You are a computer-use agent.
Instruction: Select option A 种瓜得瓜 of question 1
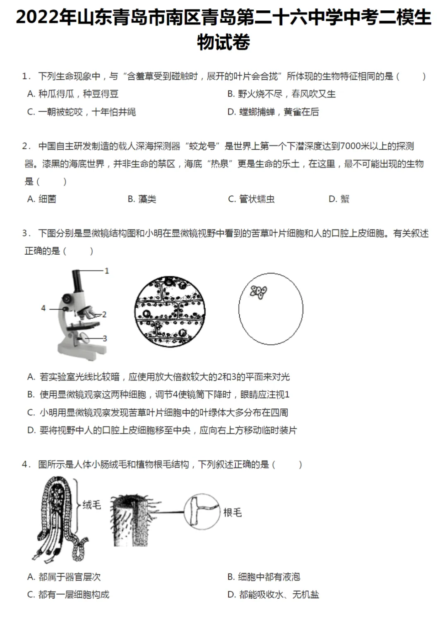pyautogui.click(x=73, y=94)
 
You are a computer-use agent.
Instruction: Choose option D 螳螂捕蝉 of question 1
pyautogui.click(x=273, y=112)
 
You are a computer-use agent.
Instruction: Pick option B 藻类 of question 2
pyautogui.click(x=142, y=199)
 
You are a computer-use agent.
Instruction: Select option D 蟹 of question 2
pyautogui.click(x=339, y=199)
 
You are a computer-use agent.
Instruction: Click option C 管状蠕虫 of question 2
pyautogui.click(x=251, y=199)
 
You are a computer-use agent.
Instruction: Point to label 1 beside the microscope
pyautogui.click(x=107, y=271)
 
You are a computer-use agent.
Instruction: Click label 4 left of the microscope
pyautogui.click(x=43, y=308)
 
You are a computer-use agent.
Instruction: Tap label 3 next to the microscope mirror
pyautogui.click(x=105, y=339)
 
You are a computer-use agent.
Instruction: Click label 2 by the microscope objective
pyautogui.click(x=104, y=315)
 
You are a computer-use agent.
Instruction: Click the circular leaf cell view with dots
pyautogui.click(x=170, y=311)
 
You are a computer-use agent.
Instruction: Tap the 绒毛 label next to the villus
pyautogui.click(x=91, y=505)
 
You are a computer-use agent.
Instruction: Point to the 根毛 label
pyautogui.click(x=232, y=513)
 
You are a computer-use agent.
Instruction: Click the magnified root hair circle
pyautogui.click(x=201, y=511)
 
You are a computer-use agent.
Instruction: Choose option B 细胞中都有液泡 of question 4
pyautogui.click(x=264, y=577)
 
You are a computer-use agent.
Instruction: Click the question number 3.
pyautogui.click(x=26, y=234)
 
